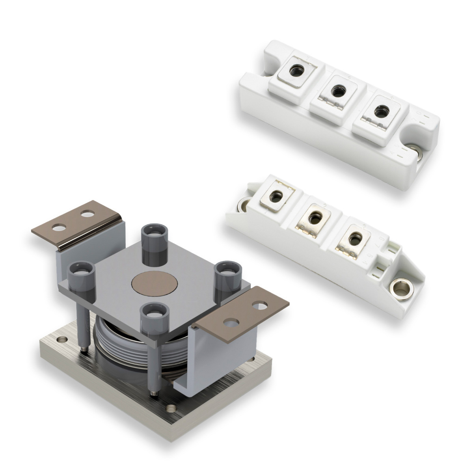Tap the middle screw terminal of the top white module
click(x=336, y=91)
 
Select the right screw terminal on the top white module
click(x=380, y=111)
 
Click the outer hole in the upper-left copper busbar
click(x=57, y=228)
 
